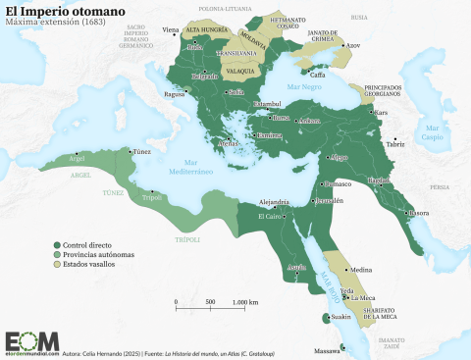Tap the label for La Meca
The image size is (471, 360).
pos(363,297)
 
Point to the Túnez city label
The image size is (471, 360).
pos(141,152)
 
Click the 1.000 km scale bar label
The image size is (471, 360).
pos(245,302)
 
